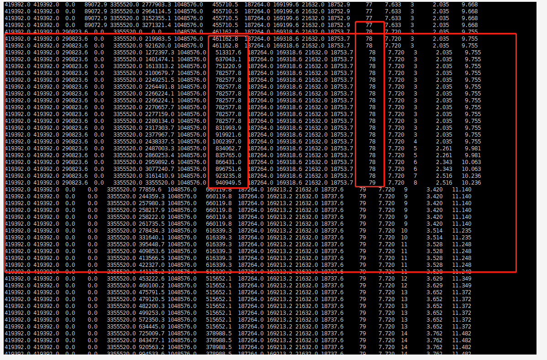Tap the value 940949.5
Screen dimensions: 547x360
click(228, 183)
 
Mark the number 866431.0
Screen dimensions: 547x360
click(228, 162)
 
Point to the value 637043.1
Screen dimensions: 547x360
click(228, 59)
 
